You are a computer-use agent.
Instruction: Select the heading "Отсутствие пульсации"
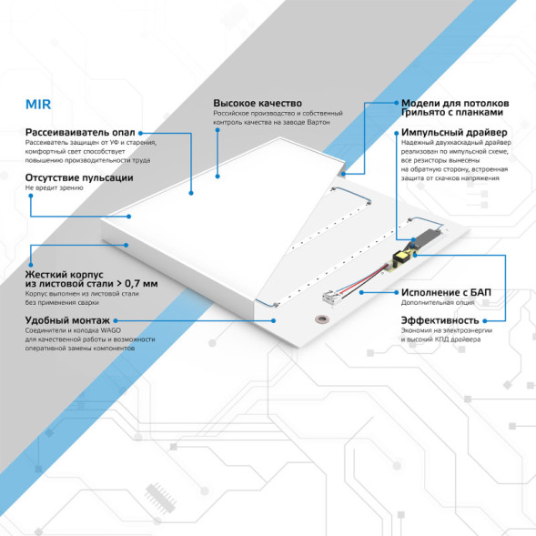click(x=73, y=177)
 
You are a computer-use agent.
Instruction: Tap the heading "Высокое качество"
click(x=258, y=104)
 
